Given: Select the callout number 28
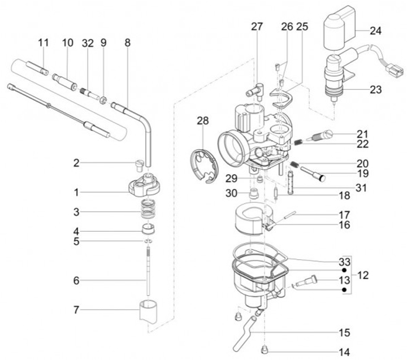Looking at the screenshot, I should pyautogui.click(x=203, y=120).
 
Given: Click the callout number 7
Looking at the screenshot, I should pyautogui.click(x=75, y=309).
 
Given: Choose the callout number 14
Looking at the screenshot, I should pyautogui.click(x=344, y=352).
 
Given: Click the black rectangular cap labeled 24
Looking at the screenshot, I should pyautogui.click(x=338, y=27).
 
